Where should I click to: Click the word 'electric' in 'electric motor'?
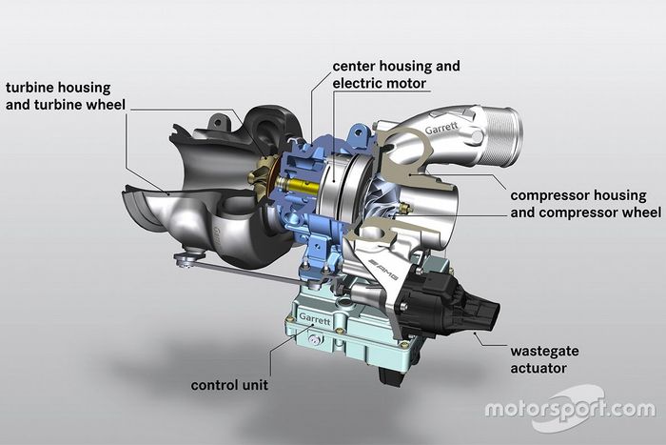(359, 83)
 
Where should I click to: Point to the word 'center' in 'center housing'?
(355, 67)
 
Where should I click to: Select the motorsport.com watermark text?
(569, 410)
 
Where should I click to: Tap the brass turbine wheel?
(260, 177)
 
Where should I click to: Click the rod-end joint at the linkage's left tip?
(182, 259)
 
